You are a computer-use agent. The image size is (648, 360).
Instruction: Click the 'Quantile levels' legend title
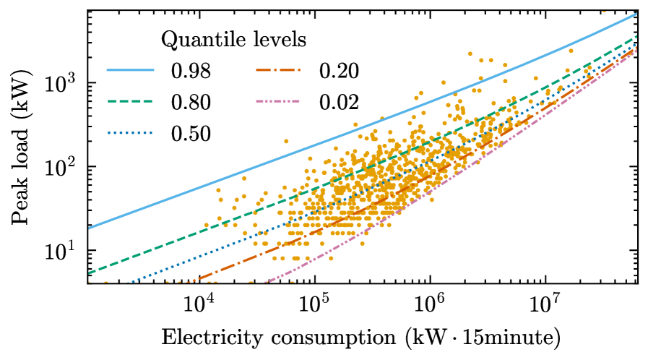click(233, 39)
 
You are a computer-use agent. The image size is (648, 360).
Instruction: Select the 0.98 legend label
click(191, 71)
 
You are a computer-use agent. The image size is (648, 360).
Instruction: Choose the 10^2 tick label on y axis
click(64, 167)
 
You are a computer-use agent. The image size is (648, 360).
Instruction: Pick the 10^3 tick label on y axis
click(64, 83)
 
